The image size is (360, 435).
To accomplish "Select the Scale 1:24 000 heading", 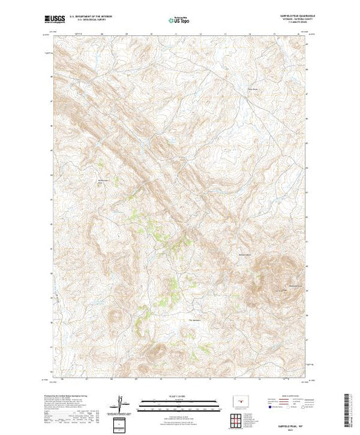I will pyautogui.click(x=179, y=395).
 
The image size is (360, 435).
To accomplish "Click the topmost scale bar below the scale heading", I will pyautogui.click(x=179, y=400).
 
